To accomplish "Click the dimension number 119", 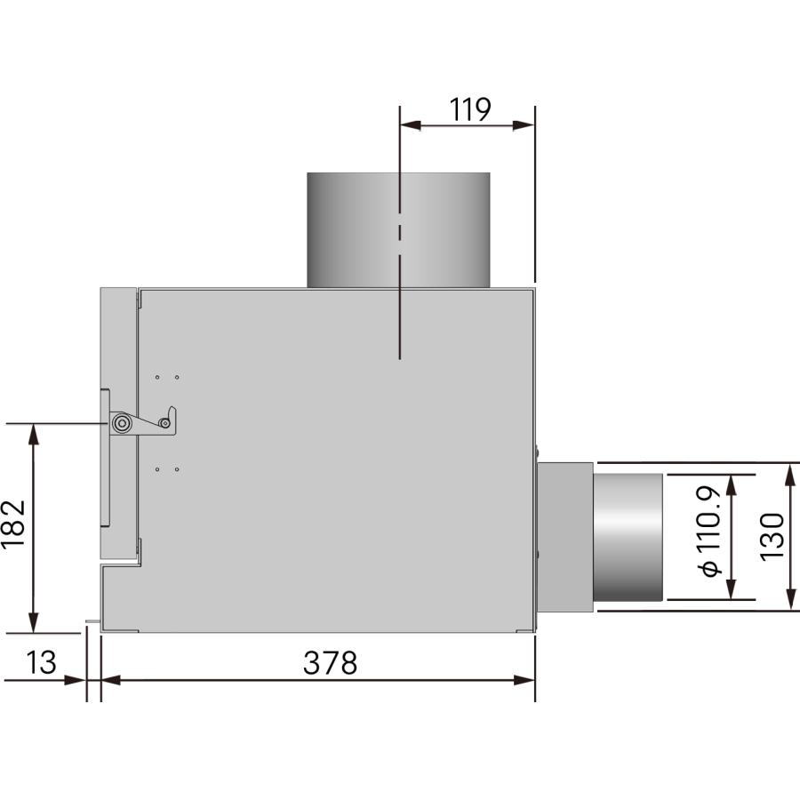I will (469, 109).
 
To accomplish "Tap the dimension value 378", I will (330, 662).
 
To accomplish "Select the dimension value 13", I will (41, 662).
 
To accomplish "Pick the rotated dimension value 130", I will (772, 535).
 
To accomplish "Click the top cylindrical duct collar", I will (398, 229).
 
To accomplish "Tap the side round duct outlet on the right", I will (628, 536).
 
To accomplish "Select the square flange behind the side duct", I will (564, 536).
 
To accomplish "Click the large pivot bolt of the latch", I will (121, 424).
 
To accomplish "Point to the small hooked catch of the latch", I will (171, 418).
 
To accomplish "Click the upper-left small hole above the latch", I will (157, 377).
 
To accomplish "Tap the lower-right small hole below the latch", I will (177, 468).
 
